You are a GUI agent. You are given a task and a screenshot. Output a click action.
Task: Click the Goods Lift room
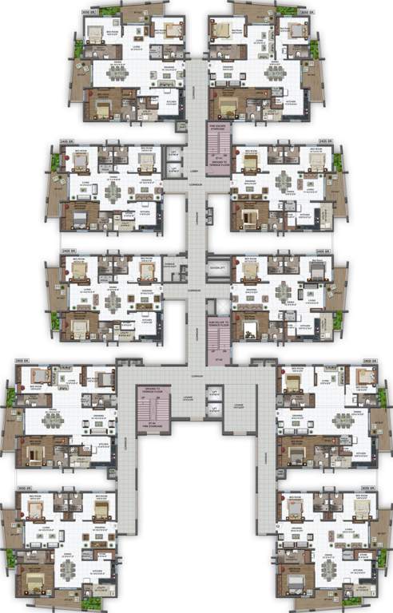click(x=217, y=269)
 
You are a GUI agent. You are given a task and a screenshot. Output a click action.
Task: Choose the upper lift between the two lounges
click(x=213, y=393)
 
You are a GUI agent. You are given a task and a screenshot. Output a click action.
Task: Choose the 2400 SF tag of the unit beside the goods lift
click(x=324, y=250)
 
